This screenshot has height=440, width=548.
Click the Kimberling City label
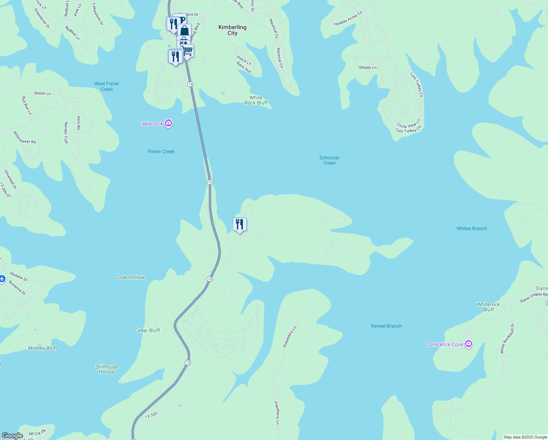click(232, 30)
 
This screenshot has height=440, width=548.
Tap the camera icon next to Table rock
click(169, 123)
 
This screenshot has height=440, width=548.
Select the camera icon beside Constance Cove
click(469, 344)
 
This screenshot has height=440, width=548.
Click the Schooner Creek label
click(329, 160)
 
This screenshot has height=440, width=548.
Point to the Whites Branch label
click(471, 228)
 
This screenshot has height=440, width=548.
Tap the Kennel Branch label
click(386, 326)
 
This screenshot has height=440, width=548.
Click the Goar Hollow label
click(130, 277)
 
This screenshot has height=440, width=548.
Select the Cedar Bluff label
click(147, 330)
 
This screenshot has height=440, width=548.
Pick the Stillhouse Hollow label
click(107, 369)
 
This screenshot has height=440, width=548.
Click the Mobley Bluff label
click(42, 348)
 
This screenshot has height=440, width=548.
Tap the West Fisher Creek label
click(107, 87)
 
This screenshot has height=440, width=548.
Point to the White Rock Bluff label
click(256, 100)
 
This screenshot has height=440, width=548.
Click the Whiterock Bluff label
click(488, 307)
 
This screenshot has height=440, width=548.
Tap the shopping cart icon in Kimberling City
click(187, 50)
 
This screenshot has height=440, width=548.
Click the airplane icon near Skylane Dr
click(2, 279)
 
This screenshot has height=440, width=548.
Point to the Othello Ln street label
click(367, 67)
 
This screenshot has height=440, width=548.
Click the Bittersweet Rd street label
click(25, 137)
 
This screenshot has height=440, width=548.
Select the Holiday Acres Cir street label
click(348, 18)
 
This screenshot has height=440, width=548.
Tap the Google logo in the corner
click(12, 436)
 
